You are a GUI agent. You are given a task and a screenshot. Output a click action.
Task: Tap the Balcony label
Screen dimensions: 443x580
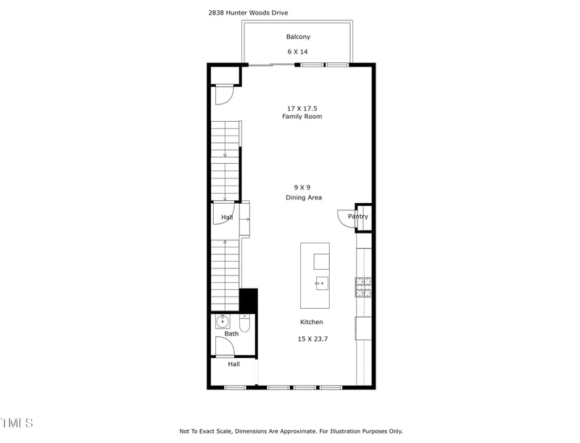[x=298, y=37]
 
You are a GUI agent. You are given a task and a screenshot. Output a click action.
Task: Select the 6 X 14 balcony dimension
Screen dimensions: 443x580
[x=298, y=51]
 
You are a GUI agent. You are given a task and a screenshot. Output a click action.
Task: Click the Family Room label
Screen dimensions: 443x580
[x=302, y=117]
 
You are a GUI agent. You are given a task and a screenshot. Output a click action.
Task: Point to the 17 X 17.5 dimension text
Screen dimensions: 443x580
[x=302, y=108]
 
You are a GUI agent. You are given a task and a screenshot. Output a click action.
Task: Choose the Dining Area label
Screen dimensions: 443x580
[x=304, y=197]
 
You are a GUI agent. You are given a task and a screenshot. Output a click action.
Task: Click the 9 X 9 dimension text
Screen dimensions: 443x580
[x=302, y=187]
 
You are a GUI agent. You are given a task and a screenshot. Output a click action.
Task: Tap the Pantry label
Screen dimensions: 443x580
[x=358, y=216]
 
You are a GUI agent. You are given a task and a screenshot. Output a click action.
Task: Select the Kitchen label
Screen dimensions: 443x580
[x=312, y=322]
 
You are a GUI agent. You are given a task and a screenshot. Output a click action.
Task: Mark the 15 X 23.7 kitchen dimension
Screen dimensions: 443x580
[x=312, y=339]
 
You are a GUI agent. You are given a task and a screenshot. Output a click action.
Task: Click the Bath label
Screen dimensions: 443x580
[x=231, y=334]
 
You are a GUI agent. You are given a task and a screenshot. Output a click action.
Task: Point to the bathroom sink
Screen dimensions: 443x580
[x=223, y=320]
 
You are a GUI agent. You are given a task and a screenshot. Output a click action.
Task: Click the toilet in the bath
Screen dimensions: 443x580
[x=244, y=323]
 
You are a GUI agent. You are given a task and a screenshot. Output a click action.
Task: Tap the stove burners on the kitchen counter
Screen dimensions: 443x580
[x=363, y=288]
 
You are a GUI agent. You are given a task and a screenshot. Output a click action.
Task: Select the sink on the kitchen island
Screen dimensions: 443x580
[x=321, y=283]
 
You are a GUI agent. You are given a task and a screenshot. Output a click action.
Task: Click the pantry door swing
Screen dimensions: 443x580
[x=345, y=218]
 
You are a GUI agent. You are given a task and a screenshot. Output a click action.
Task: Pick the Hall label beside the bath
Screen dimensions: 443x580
[x=233, y=364]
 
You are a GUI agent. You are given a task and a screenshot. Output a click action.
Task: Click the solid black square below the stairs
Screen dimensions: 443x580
[x=248, y=299]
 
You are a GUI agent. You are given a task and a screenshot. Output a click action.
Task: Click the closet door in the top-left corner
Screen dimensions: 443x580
[x=225, y=94]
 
